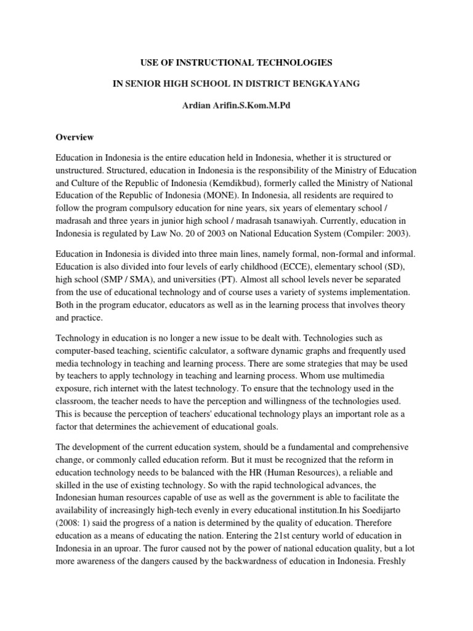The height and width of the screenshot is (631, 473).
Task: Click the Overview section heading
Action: [x=75, y=137]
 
